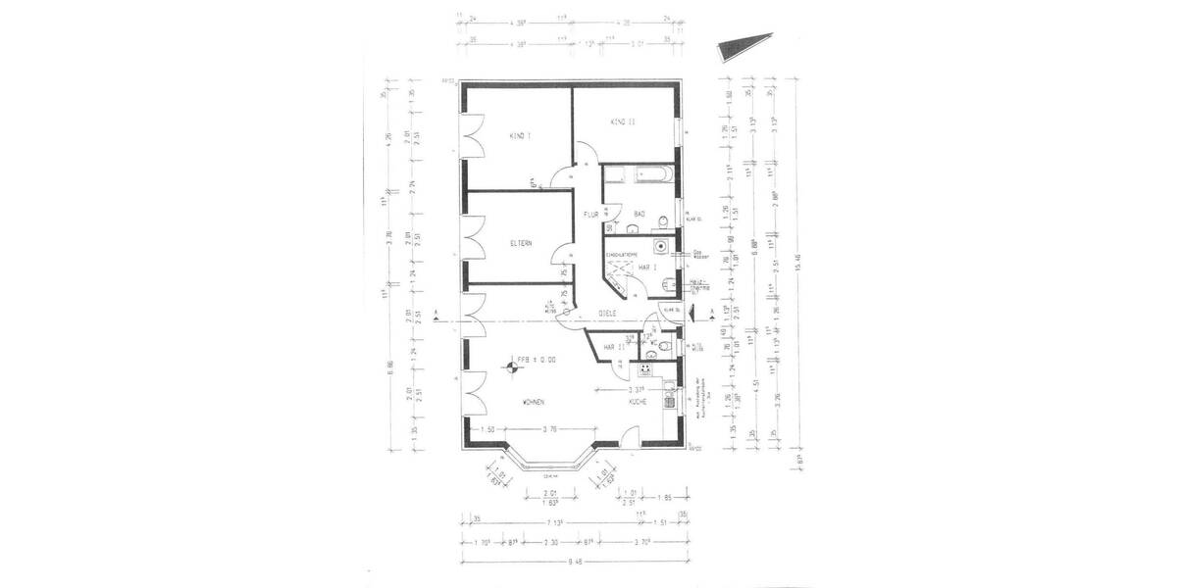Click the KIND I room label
[520, 135]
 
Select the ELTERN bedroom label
[520, 243]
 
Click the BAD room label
[640, 214]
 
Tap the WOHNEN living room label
[534, 403]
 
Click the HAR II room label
[615, 347]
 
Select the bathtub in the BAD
[638, 176]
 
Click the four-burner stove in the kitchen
[646, 368]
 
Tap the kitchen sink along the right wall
[670, 398]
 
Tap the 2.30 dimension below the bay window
[552, 540]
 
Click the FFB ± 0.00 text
[537, 361]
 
